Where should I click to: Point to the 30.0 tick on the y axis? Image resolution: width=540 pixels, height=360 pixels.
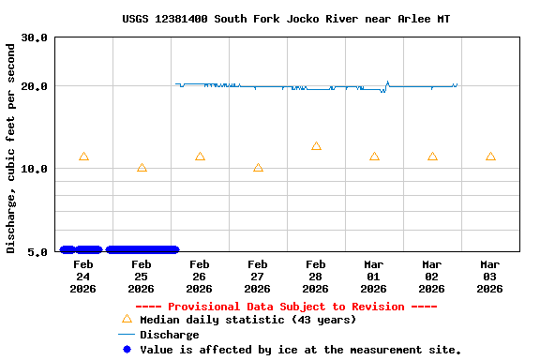pyautogui.click(x=36, y=37)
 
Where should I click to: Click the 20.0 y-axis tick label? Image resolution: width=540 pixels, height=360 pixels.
pyautogui.click(x=36, y=86)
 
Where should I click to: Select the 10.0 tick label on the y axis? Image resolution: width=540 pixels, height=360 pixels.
pyautogui.click(x=36, y=169)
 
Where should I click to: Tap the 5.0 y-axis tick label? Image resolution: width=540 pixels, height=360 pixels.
pyautogui.click(x=38, y=251)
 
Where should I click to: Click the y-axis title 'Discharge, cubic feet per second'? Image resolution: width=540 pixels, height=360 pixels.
pyautogui.click(x=11, y=147)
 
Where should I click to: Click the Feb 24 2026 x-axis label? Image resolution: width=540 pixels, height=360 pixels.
pyautogui.click(x=83, y=277)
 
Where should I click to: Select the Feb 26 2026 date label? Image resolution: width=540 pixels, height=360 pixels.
pyautogui.click(x=200, y=277)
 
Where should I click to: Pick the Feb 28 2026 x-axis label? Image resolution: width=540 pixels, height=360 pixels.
pyautogui.click(x=316, y=277)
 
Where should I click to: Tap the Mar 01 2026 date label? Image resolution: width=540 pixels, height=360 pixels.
pyautogui.click(x=374, y=277)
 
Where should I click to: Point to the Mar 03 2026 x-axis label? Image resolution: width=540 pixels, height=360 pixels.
pyautogui.click(x=490, y=277)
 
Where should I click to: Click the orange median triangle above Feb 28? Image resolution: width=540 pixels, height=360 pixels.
pyautogui.click(x=316, y=146)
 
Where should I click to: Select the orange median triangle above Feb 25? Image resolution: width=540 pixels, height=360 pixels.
pyautogui.click(x=142, y=168)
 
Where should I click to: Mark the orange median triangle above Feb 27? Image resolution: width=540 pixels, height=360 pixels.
pyautogui.click(x=258, y=168)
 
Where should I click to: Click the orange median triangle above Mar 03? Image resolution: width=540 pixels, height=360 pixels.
pyautogui.click(x=490, y=157)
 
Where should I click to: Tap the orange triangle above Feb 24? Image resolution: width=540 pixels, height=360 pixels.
pyautogui.click(x=83, y=157)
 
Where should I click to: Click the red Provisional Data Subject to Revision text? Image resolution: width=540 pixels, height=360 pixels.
pyautogui.click(x=286, y=307)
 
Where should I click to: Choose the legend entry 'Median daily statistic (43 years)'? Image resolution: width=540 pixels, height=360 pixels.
pyautogui.click(x=247, y=320)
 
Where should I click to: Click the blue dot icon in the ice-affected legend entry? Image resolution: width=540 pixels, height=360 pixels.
pyautogui.click(x=127, y=350)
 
